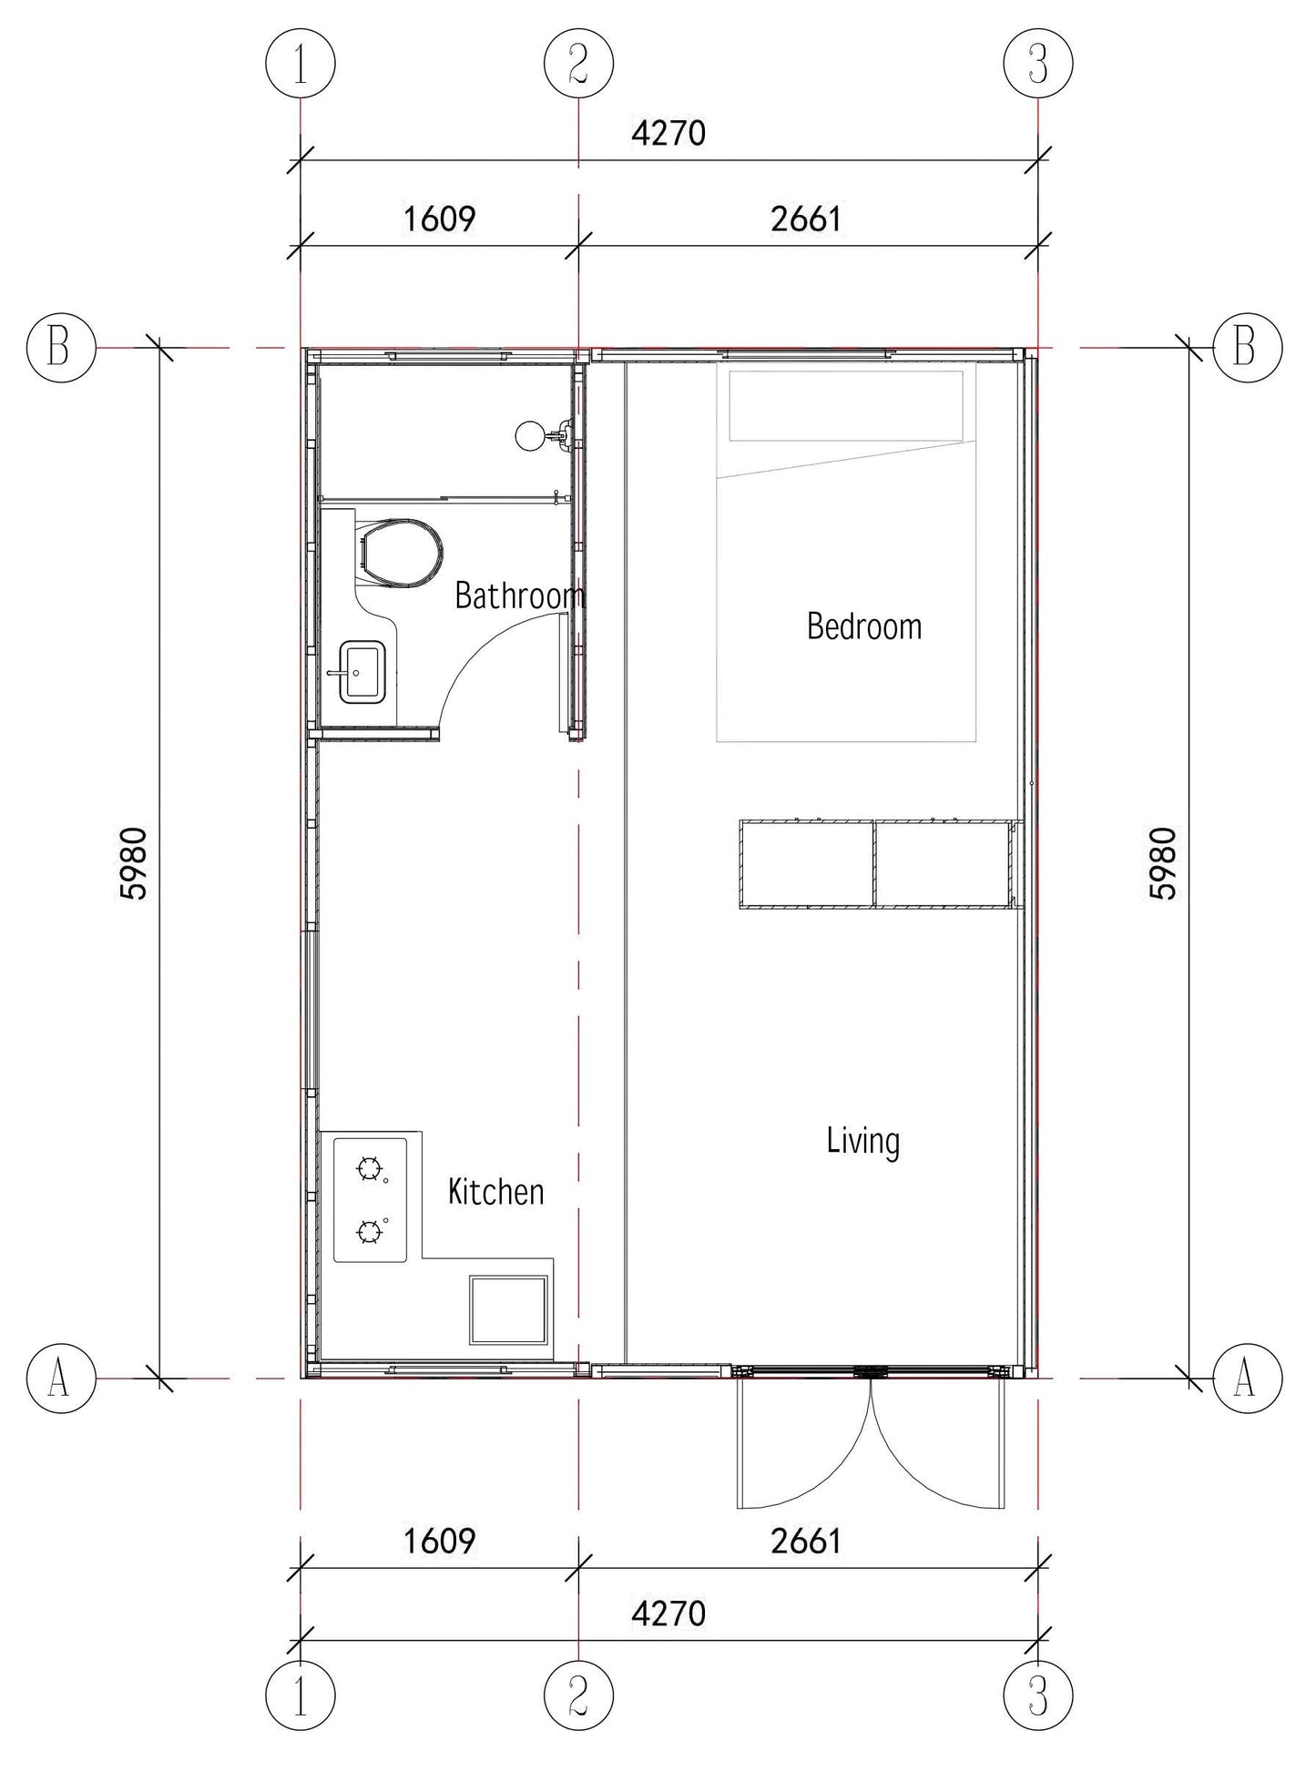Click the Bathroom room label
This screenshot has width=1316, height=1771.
click(x=519, y=595)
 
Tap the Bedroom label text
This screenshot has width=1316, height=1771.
click(x=864, y=626)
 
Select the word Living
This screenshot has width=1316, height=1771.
click(x=863, y=1142)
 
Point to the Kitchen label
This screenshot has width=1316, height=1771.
click(x=495, y=1192)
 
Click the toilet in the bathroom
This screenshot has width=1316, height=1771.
click(x=401, y=552)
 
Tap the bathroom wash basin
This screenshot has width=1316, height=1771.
click(x=362, y=672)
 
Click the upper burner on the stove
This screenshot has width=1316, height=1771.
click(x=369, y=1169)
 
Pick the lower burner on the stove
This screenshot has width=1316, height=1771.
click(x=369, y=1233)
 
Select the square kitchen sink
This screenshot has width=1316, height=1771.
click(x=509, y=1310)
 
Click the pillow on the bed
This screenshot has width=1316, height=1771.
click(x=846, y=405)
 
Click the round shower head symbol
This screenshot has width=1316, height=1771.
click(x=529, y=436)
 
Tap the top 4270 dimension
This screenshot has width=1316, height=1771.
click(x=668, y=134)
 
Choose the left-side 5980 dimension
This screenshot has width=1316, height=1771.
click(x=133, y=863)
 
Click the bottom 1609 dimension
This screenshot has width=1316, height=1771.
click(x=439, y=1541)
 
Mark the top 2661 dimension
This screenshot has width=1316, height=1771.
click(x=806, y=219)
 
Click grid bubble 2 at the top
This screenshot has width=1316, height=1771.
click(x=578, y=64)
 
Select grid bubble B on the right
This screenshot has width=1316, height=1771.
click(x=1248, y=347)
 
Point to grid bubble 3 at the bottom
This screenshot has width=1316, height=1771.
click(x=1038, y=1695)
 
